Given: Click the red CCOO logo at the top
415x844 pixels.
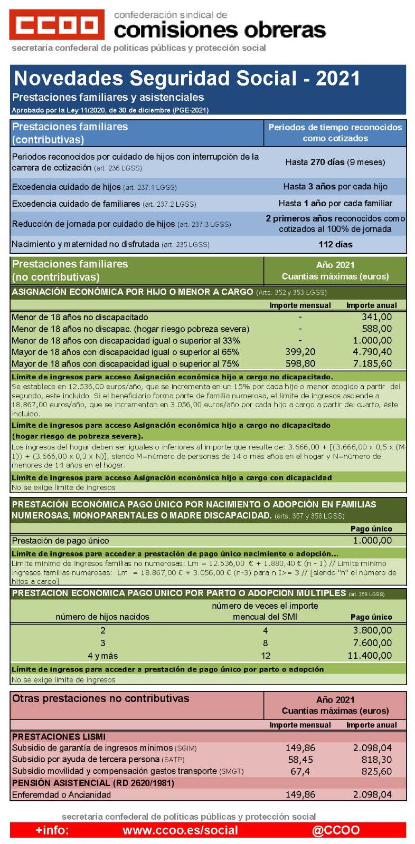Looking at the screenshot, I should pos(56,24).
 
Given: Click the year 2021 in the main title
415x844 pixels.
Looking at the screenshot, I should pos(338,79).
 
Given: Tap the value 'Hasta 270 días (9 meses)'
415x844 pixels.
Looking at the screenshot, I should pos(335,162).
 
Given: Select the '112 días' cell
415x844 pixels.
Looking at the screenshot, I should pos(335,244).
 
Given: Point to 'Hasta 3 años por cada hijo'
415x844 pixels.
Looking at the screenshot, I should pos(335,186).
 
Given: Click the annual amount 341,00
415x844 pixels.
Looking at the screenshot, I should pos(376,317).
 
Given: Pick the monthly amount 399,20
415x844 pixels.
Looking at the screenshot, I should pos(300,352).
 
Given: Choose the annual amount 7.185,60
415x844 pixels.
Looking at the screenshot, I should pos(373,363).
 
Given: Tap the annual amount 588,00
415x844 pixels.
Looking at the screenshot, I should pos(376,329).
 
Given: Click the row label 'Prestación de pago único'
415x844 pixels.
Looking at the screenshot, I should pos(60,541).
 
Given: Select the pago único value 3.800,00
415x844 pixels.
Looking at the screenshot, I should pos(373,630).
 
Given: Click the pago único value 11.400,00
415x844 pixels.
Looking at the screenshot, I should pos(370,656).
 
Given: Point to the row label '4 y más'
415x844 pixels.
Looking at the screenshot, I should pos(102,656).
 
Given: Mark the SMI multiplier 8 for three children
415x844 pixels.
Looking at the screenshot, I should pos(265,643).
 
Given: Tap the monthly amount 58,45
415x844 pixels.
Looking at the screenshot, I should pos(300,760).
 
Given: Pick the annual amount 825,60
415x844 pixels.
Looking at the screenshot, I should pos(376,771).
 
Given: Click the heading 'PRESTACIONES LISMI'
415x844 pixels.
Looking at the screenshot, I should pos(59,736).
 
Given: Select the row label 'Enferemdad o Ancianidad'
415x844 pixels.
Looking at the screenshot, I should pos(61,794).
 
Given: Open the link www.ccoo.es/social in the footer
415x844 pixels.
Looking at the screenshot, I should pos(180,830).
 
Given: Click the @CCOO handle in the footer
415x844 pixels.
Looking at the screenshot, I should pos(336,830).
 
